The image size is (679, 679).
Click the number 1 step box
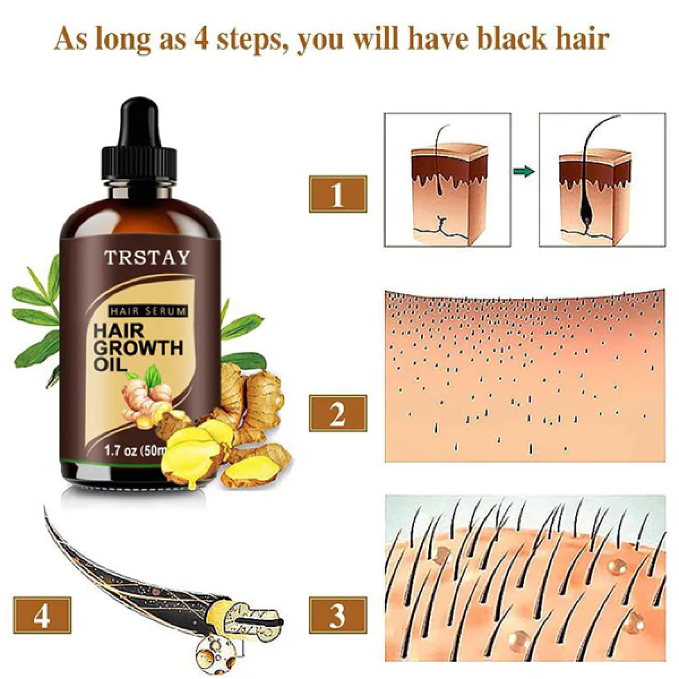point(338,194)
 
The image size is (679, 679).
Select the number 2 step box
point(338,413)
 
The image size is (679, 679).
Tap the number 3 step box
point(338,615)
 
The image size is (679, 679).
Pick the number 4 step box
point(42,615)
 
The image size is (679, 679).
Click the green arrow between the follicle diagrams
point(524,172)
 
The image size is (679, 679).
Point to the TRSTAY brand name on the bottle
point(147,258)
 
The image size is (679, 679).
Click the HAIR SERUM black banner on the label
point(148,311)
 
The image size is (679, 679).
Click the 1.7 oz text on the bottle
point(121,451)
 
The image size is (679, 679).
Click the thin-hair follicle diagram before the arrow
point(447,180)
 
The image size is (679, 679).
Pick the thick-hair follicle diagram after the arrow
point(602,180)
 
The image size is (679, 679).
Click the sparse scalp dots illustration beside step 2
point(525,376)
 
